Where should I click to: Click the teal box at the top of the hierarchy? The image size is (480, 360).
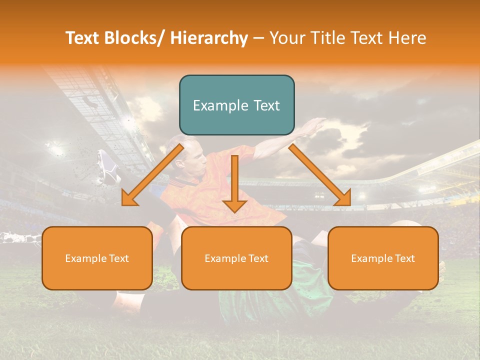coord(236,105)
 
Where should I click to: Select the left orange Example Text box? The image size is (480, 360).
coord(97,258)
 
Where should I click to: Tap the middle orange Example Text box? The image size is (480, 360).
coord(236,258)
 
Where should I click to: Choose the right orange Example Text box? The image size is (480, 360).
coord(383,258)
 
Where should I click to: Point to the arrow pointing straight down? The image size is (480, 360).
coord(234,185)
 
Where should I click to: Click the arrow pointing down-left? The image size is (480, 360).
coord(150,177)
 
